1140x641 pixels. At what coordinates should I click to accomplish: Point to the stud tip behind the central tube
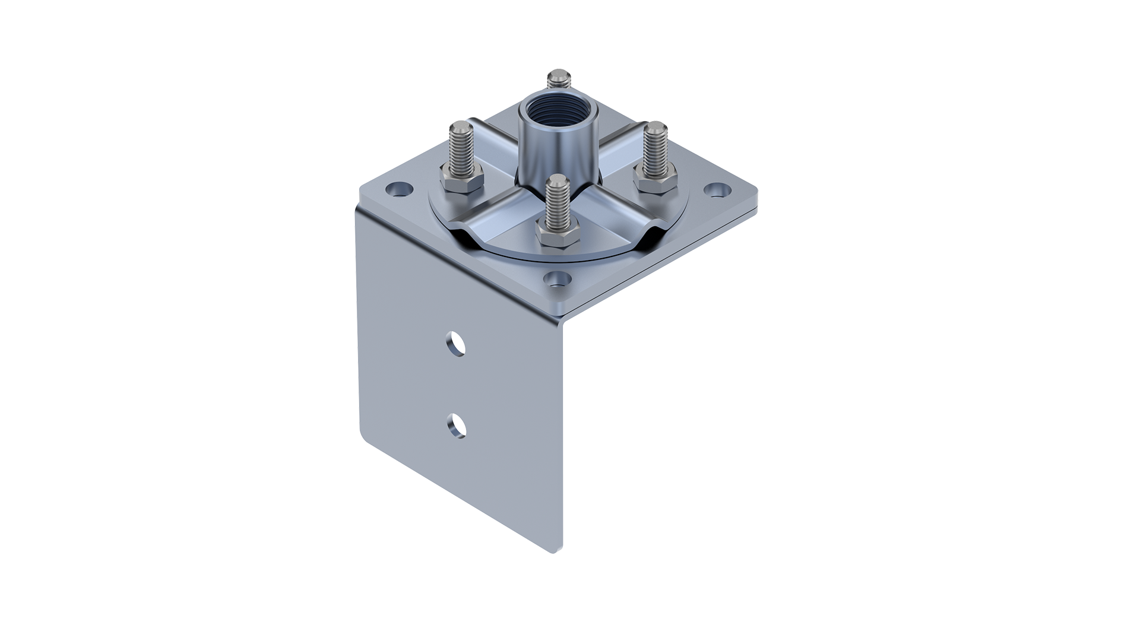(x=558, y=77)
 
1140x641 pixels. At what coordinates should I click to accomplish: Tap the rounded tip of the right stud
(x=656, y=127)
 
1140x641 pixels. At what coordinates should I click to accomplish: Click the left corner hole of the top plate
(x=399, y=190)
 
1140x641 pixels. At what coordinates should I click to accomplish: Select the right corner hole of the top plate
(x=718, y=190)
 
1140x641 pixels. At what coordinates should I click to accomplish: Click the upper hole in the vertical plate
(x=456, y=344)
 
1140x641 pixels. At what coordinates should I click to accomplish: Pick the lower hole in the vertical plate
(x=456, y=426)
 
